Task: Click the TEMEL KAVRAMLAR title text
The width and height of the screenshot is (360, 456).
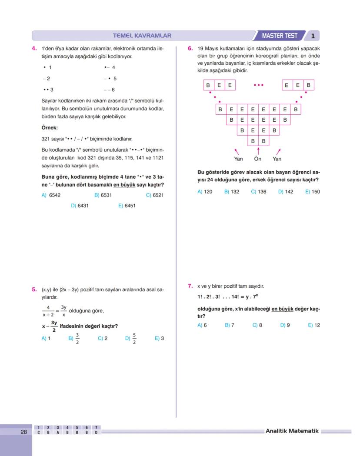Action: point(142,36)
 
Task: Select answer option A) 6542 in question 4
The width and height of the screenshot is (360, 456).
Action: point(51,195)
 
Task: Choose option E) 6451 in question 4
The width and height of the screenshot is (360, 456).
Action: point(127,206)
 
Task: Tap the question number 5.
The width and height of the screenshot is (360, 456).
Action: point(34,289)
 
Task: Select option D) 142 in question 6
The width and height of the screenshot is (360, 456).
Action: point(286,191)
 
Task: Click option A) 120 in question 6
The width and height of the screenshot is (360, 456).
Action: point(205,191)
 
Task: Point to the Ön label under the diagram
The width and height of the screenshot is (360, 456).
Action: point(258,159)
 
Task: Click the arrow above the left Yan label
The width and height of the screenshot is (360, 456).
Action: point(237,151)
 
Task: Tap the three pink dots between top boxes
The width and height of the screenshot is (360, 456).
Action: point(258,85)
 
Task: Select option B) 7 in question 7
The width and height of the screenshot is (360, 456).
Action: point(230,325)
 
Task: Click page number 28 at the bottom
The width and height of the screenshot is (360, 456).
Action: point(23,432)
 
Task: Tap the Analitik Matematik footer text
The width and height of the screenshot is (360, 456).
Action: point(292,431)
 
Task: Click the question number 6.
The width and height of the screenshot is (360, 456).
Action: point(190,49)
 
